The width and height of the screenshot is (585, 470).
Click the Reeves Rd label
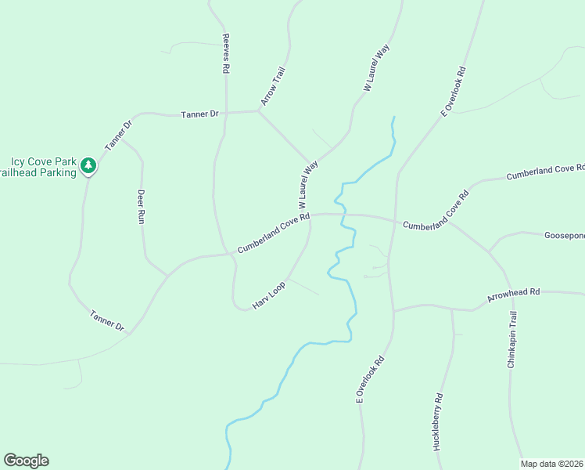coord(225,53)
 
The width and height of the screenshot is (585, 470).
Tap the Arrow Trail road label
coord(271,86)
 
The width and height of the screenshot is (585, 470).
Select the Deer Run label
coord(141,207)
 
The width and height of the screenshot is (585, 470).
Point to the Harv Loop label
coord(268,295)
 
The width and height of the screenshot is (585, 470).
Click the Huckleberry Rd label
coord(438,421)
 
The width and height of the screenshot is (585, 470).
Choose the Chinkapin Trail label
coord(512,339)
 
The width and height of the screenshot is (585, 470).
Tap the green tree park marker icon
coord(89,165)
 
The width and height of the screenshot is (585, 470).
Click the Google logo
coord(26,461)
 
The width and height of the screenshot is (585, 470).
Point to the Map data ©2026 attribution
coord(552,464)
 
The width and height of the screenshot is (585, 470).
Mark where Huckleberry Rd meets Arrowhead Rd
coord(452,309)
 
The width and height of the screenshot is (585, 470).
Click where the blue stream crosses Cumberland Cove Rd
coord(343,214)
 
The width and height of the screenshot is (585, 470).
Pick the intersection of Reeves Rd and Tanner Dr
coord(226,113)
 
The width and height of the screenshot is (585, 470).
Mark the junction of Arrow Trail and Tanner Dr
coord(258,111)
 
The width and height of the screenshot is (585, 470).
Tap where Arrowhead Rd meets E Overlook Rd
coord(393,310)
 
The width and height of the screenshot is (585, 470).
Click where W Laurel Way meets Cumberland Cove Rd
coord(310,214)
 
